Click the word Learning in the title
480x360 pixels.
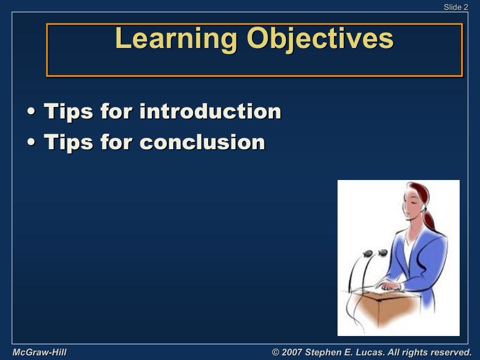point(176,39)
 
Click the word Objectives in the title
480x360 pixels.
point(320,39)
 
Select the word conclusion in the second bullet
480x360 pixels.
point(202,142)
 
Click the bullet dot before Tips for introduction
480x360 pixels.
point(31,112)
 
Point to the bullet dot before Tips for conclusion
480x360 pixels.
point(31,142)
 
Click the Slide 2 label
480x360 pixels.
point(456,7)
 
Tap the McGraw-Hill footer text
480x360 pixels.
point(40,352)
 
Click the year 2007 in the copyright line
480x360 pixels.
point(292,352)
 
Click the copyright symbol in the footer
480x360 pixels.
point(275,352)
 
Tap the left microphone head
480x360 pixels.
point(368,254)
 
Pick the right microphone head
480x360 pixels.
point(382,253)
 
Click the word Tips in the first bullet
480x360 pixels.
point(68,112)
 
